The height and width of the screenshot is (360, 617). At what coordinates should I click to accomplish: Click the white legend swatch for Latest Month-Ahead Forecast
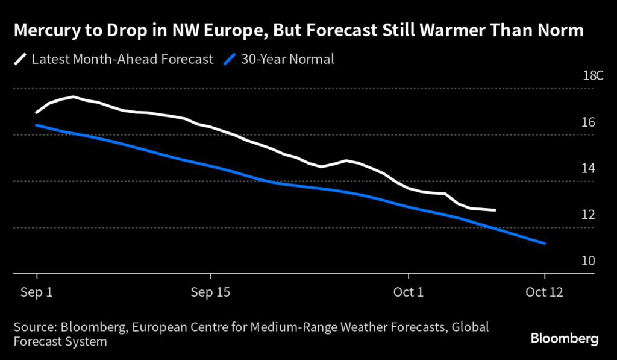click(20, 59)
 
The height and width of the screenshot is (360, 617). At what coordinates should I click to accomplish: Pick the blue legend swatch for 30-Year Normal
click(230, 59)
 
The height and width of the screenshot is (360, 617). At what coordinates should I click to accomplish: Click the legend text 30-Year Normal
click(287, 59)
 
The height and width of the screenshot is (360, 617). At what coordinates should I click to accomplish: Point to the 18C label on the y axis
click(592, 76)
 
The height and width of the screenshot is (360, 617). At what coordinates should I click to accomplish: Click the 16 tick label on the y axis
click(589, 122)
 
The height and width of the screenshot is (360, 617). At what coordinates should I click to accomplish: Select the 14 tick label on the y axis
click(589, 169)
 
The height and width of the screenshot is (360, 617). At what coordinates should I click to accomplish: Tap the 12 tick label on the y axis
click(589, 215)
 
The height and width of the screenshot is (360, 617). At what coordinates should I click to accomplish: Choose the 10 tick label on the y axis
click(589, 261)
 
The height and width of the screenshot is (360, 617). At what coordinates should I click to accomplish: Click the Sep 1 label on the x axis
click(37, 292)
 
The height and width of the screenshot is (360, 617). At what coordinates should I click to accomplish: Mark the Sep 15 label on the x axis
click(211, 292)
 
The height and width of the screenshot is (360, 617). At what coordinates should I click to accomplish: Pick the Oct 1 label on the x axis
click(408, 292)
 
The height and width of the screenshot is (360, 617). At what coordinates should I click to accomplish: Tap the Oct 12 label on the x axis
click(544, 292)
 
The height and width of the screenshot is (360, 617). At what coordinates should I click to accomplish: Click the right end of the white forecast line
click(495, 210)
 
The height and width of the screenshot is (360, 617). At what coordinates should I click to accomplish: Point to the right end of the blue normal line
click(545, 244)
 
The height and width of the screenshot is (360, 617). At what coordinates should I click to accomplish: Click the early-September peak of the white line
click(74, 96)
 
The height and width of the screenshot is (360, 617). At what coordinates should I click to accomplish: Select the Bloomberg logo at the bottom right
click(565, 338)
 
